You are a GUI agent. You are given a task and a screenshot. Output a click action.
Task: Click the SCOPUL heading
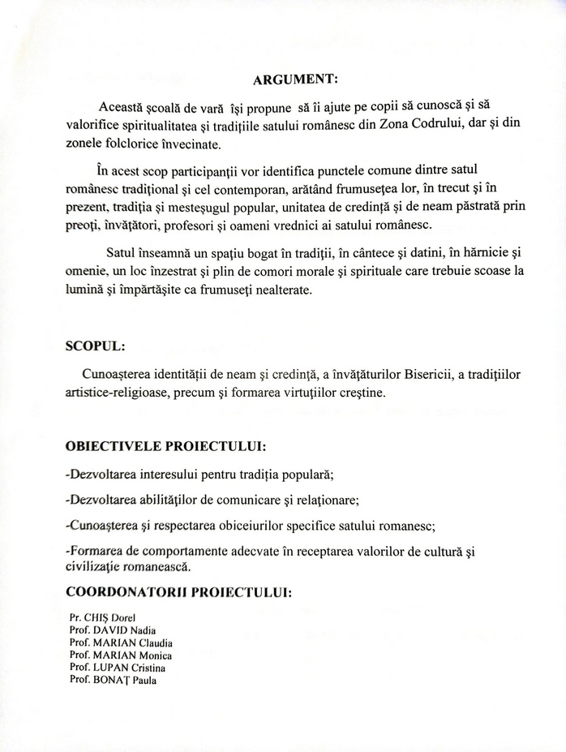click(95, 345)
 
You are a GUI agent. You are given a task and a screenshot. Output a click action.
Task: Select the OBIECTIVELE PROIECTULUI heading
click(165, 447)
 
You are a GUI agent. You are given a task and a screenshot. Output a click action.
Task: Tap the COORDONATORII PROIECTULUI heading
click(178, 592)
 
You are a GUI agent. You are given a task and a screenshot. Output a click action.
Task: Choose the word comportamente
click(183, 552)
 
